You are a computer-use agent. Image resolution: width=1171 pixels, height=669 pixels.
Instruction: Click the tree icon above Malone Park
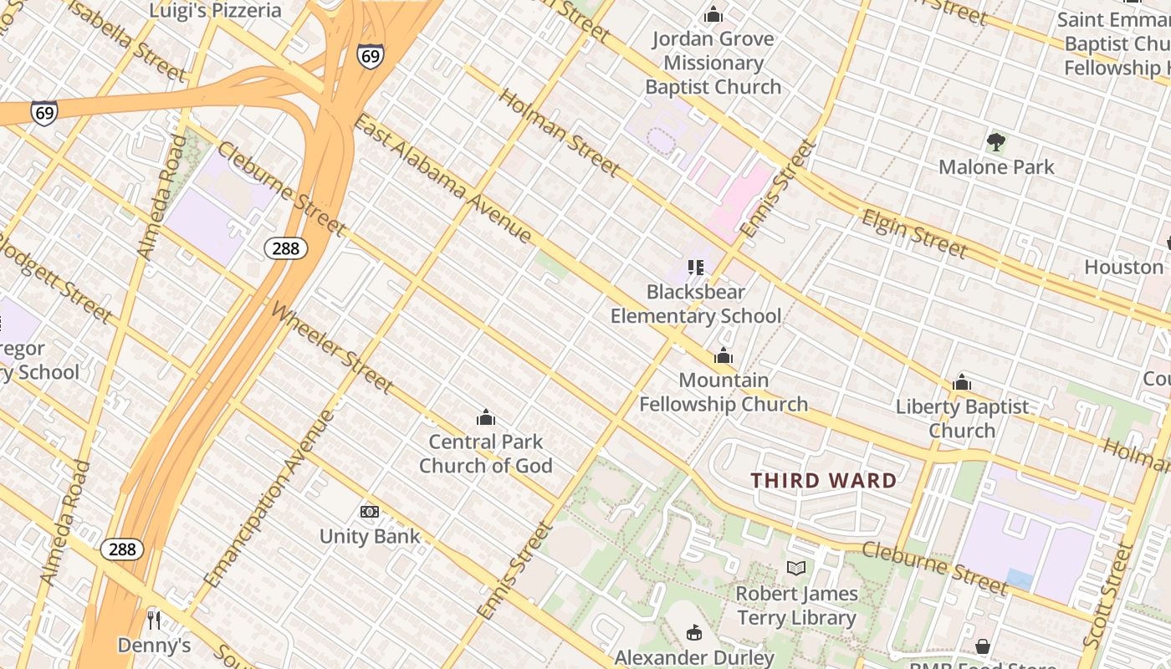click(995, 141)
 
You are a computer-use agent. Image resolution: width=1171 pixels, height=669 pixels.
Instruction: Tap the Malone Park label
click(996, 167)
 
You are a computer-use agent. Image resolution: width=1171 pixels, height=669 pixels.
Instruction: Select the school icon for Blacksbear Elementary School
click(695, 268)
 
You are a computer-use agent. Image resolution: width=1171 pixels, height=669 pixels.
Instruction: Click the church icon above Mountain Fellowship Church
click(724, 356)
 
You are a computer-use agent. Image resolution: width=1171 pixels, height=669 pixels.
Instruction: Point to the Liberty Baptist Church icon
click(962, 383)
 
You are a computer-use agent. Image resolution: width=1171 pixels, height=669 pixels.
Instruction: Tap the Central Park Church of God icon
click(485, 417)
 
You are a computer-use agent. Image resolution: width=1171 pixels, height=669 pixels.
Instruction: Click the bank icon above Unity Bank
click(369, 512)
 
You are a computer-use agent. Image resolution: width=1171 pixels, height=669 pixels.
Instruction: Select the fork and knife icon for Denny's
click(153, 620)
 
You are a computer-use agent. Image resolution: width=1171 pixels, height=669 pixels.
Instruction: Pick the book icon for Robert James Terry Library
click(796, 569)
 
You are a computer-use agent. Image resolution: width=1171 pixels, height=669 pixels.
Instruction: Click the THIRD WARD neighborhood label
click(823, 481)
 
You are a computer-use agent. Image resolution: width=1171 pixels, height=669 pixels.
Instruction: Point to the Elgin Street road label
click(914, 233)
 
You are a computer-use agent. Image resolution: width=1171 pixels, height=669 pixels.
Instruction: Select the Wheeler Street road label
click(332, 347)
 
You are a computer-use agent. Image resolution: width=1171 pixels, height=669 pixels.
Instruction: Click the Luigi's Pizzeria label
click(215, 11)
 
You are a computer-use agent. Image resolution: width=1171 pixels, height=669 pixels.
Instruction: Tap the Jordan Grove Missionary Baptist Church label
click(713, 63)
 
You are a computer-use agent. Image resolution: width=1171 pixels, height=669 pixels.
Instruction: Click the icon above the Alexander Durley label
click(694, 632)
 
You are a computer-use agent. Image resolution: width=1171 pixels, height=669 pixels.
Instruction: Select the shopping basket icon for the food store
click(983, 646)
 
